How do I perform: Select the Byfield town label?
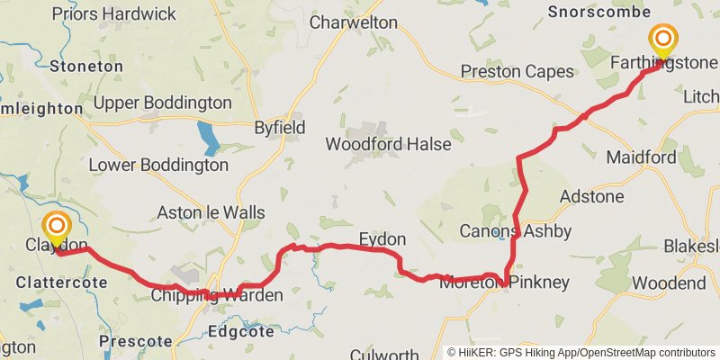pyautogui.click(x=279, y=127)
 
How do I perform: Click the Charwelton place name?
pyautogui.click(x=353, y=22)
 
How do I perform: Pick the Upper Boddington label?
pyautogui.click(x=162, y=102)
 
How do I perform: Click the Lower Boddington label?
pyautogui.click(x=158, y=166)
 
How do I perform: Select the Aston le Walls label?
pyautogui.click(x=211, y=213)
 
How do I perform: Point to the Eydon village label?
pyautogui.click(x=382, y=239)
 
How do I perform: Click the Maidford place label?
pyautogui.click(x=641, y=157)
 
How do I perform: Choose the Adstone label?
pyautogui.click(x=591, y=196)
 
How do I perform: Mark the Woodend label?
pyautogui.click(x=669, y=283)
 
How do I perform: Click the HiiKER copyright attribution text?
pyautogui.click(x=580, y=352)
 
